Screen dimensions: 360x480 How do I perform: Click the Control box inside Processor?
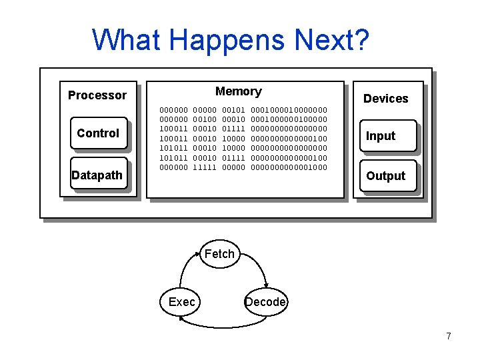coord(98,133)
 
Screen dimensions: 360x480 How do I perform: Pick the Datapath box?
coord(98,175)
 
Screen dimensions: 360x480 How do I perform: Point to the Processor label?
coord(97,95)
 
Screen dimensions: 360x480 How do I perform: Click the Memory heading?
coord(238,91)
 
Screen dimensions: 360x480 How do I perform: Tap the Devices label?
coord(385,99)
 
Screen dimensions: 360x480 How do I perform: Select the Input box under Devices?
coord(387,136)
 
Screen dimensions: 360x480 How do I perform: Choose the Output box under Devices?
coord(387,176)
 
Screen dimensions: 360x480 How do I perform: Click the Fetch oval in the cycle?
coord(219,253)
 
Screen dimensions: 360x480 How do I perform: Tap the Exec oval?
coord(181,302)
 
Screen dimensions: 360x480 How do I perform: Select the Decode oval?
coord(265,302)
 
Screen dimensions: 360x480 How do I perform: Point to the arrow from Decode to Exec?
coord(223,324)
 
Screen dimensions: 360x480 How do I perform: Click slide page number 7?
coord(449,336)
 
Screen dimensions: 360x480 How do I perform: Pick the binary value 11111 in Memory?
coord(205,167)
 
